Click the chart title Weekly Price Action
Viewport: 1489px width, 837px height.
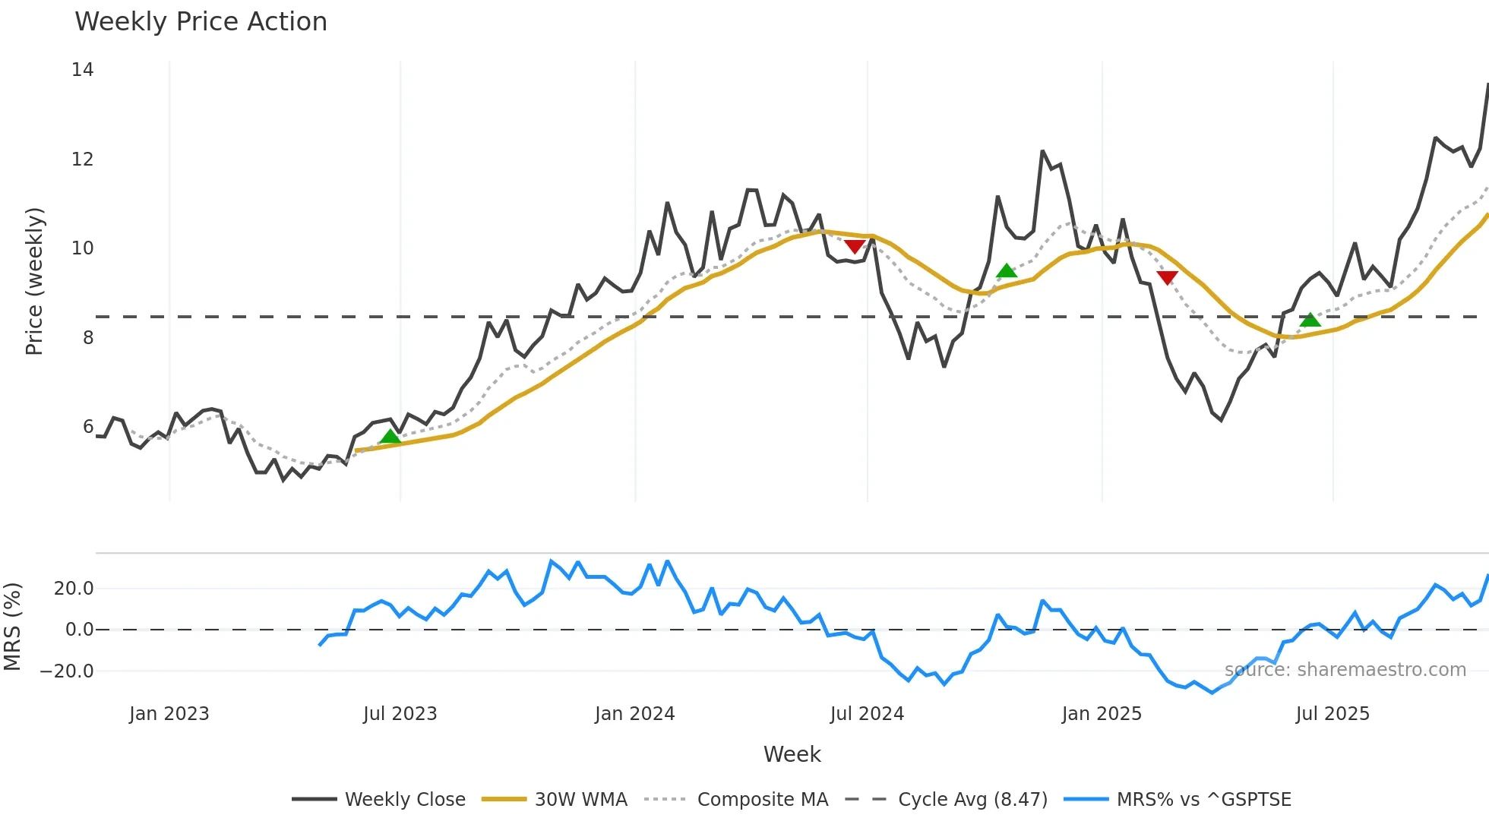click(201, 22)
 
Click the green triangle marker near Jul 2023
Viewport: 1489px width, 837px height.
click(390, 436)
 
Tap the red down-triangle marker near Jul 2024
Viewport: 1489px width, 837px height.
click(855, 247)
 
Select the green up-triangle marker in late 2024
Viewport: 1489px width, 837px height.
click(1007, 270)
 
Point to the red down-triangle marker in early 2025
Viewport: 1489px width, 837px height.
click(1167, 278)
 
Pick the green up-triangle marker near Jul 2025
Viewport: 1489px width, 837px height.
click(1310, 320)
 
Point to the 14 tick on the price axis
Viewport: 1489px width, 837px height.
click(82, 70)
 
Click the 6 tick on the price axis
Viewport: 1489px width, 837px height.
click(88, 427)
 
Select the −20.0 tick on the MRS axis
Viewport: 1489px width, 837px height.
click(67, 671)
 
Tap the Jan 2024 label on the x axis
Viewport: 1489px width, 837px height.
click(634, 714)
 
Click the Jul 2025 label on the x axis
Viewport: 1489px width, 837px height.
click(1333, 714)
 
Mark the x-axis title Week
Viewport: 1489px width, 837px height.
click(792, 754)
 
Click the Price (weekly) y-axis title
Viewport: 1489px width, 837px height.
click(34, 281)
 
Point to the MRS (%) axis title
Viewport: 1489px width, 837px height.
click(12, 627)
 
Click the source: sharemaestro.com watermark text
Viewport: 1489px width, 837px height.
click(1345, 670)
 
